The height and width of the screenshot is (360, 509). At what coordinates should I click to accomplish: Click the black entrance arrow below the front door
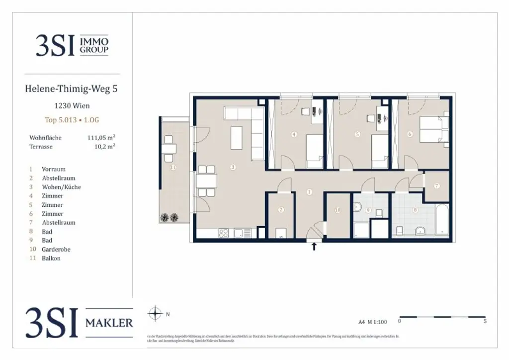314,246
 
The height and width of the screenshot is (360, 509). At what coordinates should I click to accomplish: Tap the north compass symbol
156,314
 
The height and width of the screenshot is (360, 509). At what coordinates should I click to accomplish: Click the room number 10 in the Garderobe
338,210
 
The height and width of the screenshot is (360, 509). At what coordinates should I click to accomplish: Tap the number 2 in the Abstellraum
281,210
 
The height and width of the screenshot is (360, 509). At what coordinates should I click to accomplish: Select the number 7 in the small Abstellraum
436,186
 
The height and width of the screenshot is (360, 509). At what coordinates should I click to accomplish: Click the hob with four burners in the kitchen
224,233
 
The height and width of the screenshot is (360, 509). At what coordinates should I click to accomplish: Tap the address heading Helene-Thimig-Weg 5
71,89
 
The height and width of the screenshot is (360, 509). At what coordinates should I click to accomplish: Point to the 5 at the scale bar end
485,321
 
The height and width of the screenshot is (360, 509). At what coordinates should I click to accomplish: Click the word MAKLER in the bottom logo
109,323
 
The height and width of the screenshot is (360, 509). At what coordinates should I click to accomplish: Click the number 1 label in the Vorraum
309,191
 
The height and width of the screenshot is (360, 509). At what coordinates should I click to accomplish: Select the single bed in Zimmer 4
314,151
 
